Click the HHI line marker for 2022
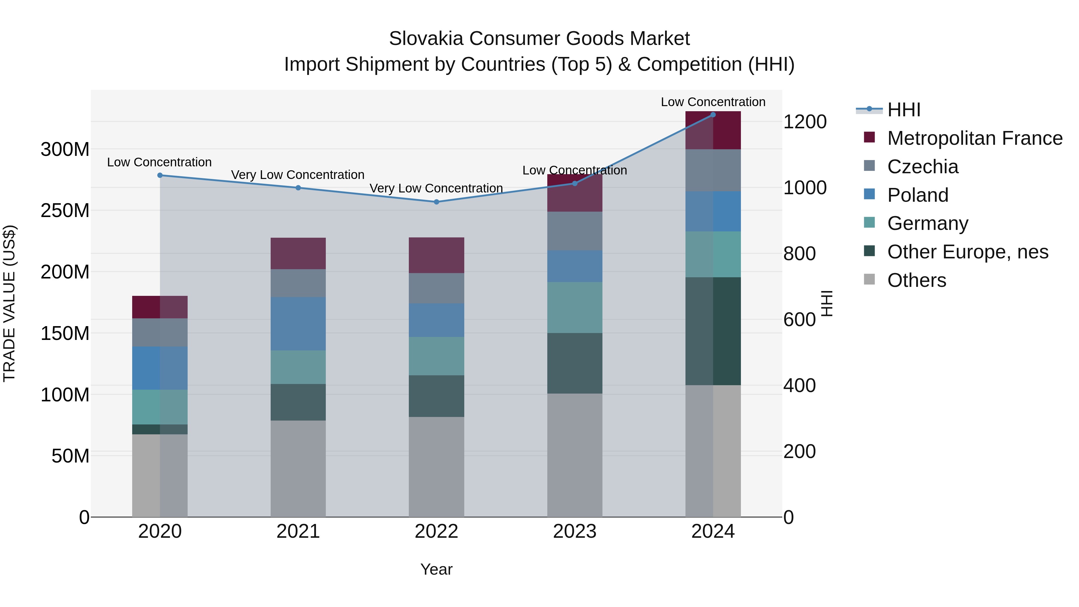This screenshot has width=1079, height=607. pos(436,202)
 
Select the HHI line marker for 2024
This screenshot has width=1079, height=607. pos(713,115)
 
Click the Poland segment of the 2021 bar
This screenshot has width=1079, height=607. pos(298,324)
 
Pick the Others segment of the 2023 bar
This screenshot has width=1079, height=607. pos(574,455)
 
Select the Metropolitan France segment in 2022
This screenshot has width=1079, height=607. pos(436,255)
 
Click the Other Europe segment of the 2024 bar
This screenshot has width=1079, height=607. pos(713,331)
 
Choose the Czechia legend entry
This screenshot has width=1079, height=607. pos(922,167)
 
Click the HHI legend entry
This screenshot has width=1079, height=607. pos(903,110)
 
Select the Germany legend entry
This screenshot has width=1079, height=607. pos(927,223)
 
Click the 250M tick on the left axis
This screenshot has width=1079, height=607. pos(65,211)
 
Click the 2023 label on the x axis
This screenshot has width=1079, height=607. pos(574,531)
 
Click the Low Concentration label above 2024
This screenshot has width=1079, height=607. pos(713,102)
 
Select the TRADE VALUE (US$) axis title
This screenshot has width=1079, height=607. pos(9,303)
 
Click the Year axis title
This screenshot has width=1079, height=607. pos(436,569)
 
